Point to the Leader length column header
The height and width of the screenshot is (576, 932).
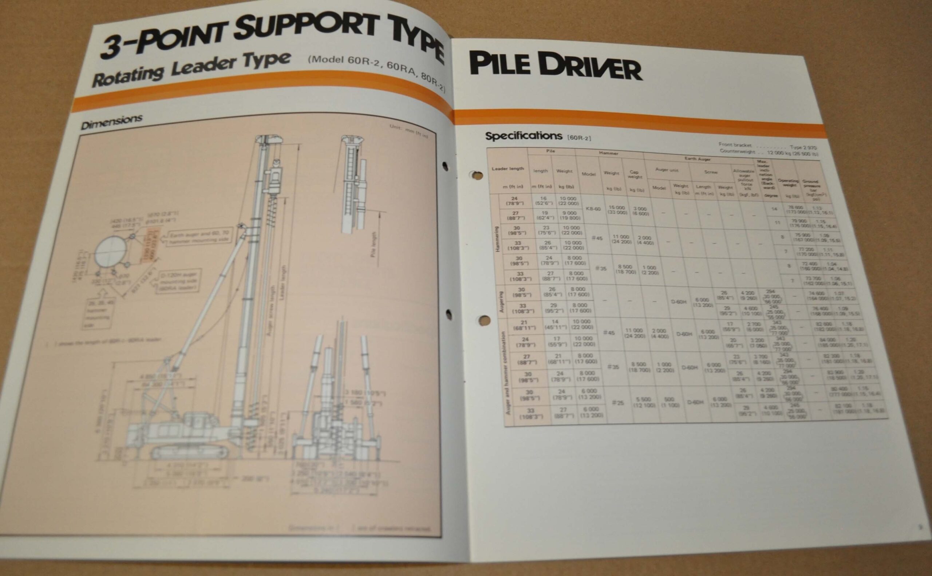508,169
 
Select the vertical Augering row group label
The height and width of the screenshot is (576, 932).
501,303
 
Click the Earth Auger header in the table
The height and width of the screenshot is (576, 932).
698,159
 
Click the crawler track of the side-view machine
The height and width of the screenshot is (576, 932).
189,452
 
